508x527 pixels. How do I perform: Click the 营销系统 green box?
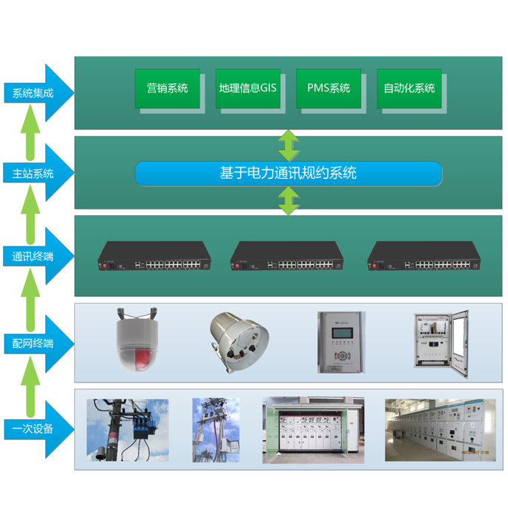coord(167,88)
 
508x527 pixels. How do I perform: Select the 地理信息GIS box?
coord(248,88)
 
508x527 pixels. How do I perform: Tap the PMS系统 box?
coord(329,88)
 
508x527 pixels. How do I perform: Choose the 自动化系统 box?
coord(409,88)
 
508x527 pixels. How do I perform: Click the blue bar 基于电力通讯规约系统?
coord(288,173)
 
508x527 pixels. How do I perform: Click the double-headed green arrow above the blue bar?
coord(288,145)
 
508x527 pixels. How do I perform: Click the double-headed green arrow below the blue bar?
coord(288,200)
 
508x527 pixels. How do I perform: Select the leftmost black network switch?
coord(154,256)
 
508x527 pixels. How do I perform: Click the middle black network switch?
coord(287,256)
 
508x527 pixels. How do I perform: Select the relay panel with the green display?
coord(339,341)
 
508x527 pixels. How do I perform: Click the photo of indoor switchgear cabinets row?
coord(440,429)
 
